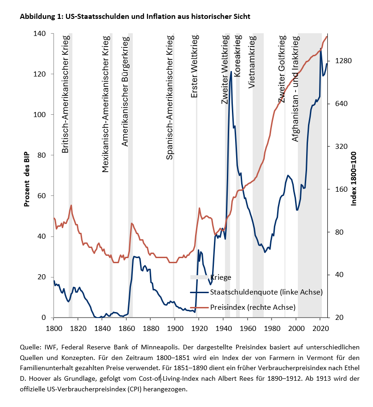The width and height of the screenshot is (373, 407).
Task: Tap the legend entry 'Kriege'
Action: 220,277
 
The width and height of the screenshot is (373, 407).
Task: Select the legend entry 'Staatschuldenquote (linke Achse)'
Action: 266,292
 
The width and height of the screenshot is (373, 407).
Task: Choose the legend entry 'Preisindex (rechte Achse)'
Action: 253,307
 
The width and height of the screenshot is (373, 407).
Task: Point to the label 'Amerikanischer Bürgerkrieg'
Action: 124,90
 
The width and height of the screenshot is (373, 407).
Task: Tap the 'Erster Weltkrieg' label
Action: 195,66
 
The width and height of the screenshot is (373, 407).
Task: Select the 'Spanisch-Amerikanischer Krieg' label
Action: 170,97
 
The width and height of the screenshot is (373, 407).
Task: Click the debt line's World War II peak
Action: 231,72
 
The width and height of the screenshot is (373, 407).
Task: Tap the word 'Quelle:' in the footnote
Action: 31,347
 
